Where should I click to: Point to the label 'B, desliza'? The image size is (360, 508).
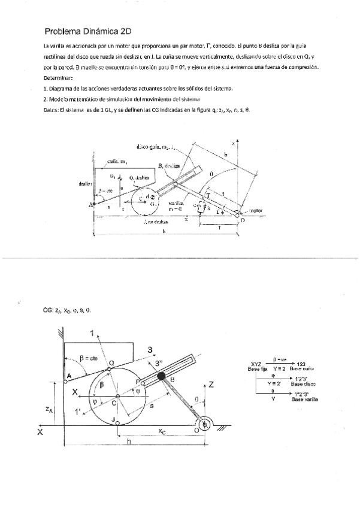tap(171, 165)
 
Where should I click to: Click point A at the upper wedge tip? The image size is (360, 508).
tap(92, 205)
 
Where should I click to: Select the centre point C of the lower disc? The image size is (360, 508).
tap(117, 397)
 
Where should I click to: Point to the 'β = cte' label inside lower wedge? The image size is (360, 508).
tap(92, 358)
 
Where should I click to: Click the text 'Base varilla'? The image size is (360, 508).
tap(304, 398)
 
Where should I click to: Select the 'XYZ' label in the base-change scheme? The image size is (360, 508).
tap(255, 364)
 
